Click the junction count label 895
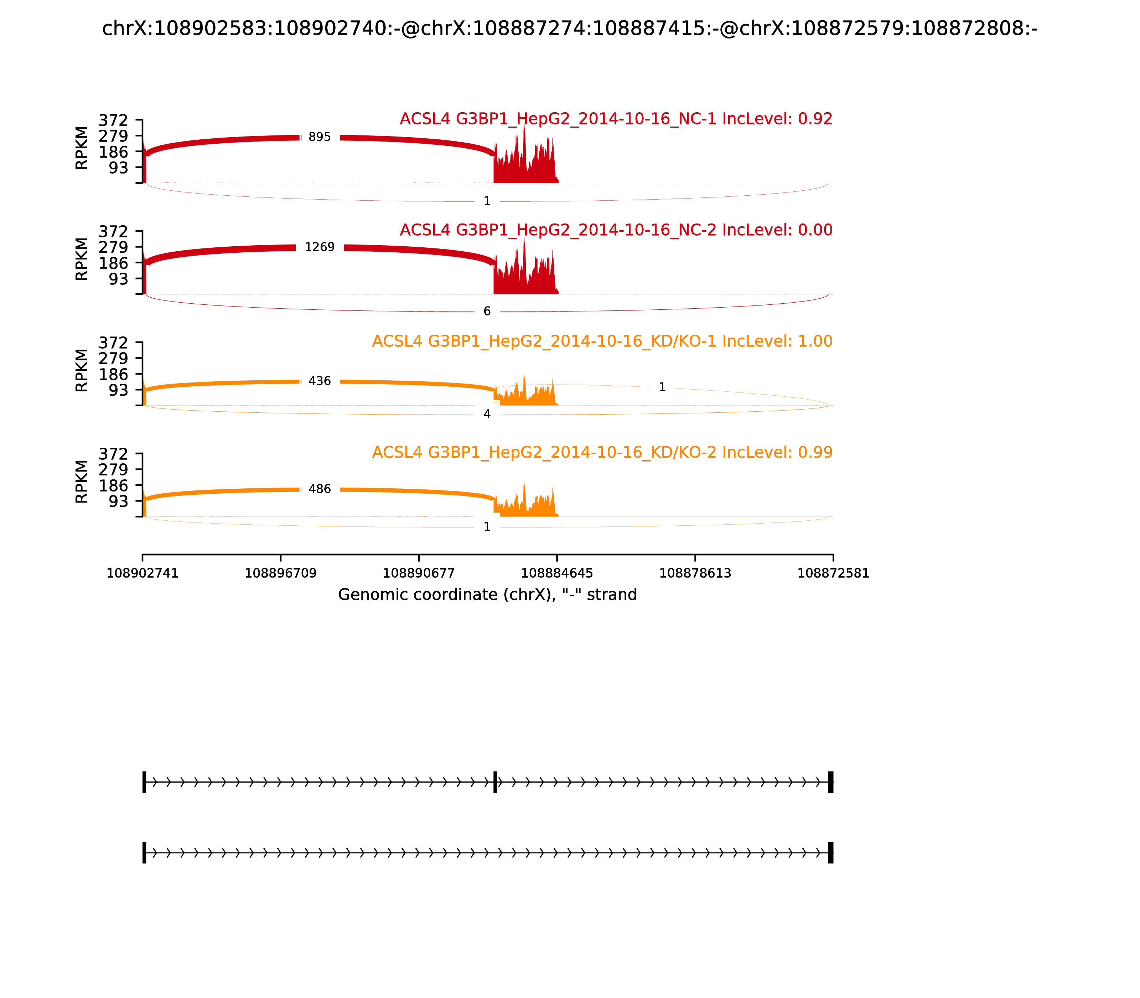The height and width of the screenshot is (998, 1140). pyautogui.click(x=320, y=137)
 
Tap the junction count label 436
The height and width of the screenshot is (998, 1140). pyautogui.click(x=320, y=381)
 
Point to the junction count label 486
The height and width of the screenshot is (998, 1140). pyautogui.click(x=320, y=489)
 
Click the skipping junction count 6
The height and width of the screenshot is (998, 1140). pyautogui.click(x=487, y=311)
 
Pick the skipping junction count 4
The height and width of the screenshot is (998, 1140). pyautogui.click(x=487, y=414)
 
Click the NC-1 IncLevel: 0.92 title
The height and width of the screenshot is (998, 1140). pyautogui.click(x=616, y=119)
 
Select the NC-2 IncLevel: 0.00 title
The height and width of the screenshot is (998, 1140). pyautogui.click(x=616, y=230)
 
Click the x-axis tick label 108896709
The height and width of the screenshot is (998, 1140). pyautogui.click(x=281, y=573)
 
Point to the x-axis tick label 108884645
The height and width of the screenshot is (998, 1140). pyautogui.click(x=556, y=573)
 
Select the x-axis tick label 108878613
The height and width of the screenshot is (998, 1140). pyautogui.click(x=695, y=573)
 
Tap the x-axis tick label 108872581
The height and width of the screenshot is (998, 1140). pyautogui.click(x=833, y=573)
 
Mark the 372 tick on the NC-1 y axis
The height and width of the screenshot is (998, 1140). pyautogui.click(x=114, y=120)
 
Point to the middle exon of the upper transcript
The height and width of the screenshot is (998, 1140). pyautogui.click(x=495, y=782)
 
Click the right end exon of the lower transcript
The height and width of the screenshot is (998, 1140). pyautogui.click(x=830, y=853)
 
